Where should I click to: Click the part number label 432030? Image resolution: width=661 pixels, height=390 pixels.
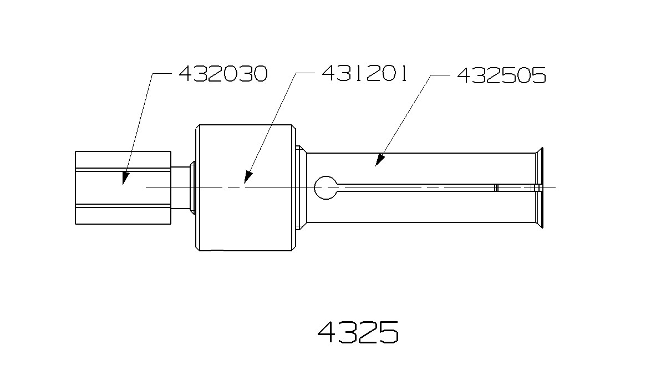click(223, 73)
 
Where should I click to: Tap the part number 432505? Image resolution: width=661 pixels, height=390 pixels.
click(501, 75)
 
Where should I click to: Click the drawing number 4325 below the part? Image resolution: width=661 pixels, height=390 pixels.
click(358, 332)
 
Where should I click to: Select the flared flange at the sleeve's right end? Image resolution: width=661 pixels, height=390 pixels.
click(537, 188)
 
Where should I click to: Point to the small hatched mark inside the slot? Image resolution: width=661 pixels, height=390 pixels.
click(496, 188)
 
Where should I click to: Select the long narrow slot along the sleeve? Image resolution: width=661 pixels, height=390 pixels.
click(416, 188)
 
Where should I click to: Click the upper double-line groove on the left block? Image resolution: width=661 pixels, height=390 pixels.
click(123, 169)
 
